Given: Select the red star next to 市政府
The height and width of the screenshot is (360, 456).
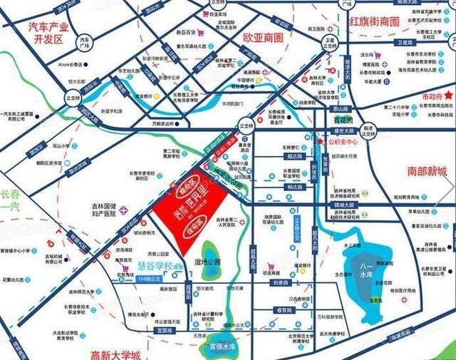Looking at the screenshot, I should [x=450, y=94].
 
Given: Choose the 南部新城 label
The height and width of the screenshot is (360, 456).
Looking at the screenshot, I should [x=427, y=172].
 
